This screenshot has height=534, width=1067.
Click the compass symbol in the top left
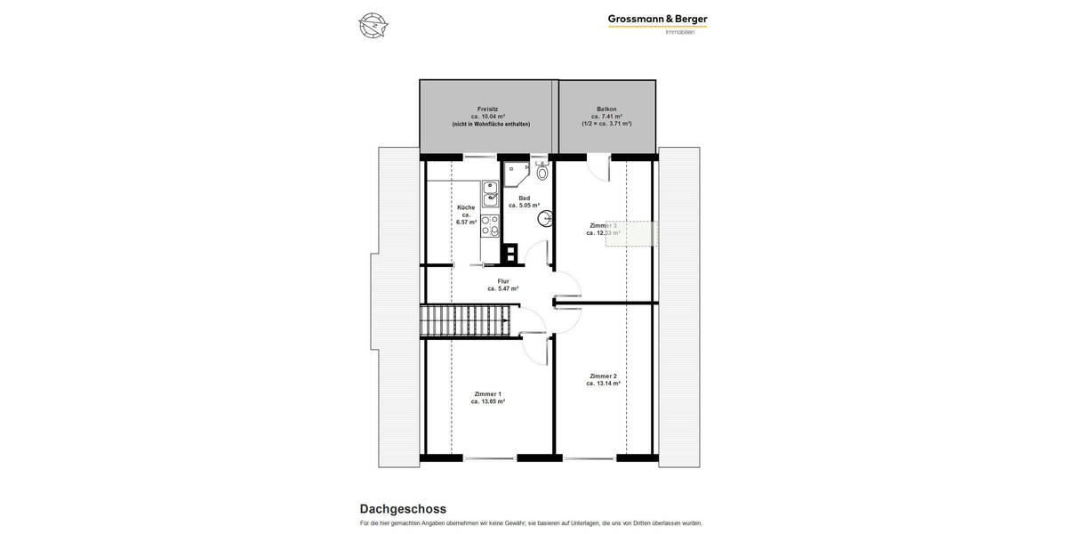[373, 26]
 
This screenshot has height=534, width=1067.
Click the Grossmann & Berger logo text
[657, 19]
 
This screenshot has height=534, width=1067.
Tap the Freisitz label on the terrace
[487, 109]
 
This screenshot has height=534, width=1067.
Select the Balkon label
[606, 109]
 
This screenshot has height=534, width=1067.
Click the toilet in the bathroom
[542, 172]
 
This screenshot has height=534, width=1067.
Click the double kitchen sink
[490, 192]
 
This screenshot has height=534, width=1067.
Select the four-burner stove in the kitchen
[490, 227]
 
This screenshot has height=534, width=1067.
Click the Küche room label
[466, 207]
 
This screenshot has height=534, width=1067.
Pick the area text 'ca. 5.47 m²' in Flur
[503, 288]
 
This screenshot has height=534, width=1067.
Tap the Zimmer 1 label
[487, 393]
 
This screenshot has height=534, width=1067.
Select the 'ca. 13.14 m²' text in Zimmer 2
[603, 384]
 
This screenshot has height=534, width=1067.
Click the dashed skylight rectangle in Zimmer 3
[632, 233]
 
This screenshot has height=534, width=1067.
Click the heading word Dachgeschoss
[403, 509]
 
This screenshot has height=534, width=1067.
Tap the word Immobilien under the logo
[680, 33]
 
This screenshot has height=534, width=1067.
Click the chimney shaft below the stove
[509, 254]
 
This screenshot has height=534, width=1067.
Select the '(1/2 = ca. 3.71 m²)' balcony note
[606, 124]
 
